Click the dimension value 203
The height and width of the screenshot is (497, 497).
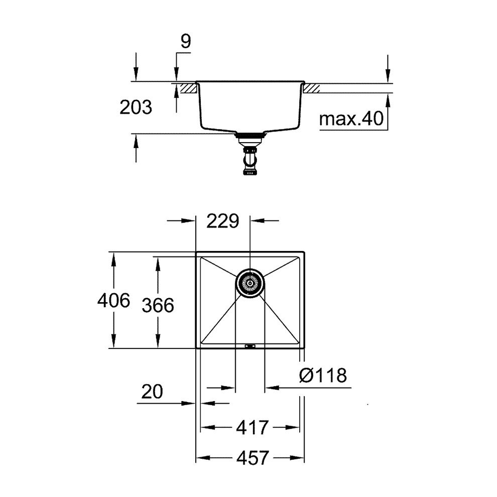click(136, 107)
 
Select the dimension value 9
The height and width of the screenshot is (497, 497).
click(186, 42)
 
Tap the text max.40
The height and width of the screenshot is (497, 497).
click(351, 119)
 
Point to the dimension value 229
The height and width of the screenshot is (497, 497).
click(223, 221)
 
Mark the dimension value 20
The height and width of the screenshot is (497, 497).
click(152, 392)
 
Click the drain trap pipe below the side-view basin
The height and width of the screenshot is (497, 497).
click(249, 161)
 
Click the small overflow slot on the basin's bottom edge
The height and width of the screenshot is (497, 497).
click(250, 346)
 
